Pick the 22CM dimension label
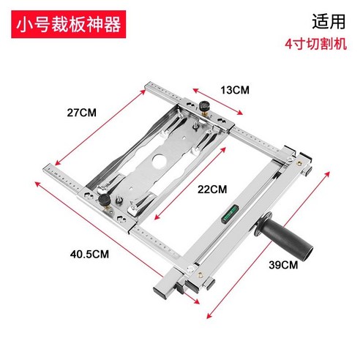point(212,189)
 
